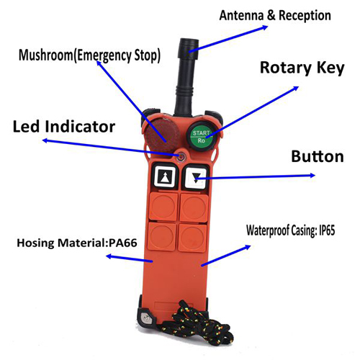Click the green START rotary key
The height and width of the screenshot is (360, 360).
pyautogui.click(x=202, y=137)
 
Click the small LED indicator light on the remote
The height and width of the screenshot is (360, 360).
pyautogui.click(x=181, y=157)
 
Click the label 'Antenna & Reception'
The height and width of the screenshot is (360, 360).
pyautogui.click(x=275, y=15)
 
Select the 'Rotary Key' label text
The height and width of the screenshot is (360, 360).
pyautogui.click(x=302, y=68)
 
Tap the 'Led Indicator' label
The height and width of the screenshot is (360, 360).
pyautogui.click(x=64, y=127)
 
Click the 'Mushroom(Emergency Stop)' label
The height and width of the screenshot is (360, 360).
pyautogui.click(x=89, y=55)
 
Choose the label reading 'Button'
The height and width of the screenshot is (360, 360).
pyautogui.click(x=318, y=156)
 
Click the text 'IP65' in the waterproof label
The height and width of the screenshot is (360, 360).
pyautogui.click(x=327, y=230)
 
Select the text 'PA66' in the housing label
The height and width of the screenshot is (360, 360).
pyautogui.click(x=123, y=243)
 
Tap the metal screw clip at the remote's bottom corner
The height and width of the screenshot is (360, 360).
pyautogui.click(x=145, y=318)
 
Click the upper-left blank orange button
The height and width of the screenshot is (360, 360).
pyautogui.click(x=163, y=207)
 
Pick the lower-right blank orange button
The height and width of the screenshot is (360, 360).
pyautogui.click(x=192, y=237)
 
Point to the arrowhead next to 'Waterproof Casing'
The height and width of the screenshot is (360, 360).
pyautogui.click(x=247, y=247)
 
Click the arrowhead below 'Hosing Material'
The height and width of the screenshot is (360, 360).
pyautogui.click(x=109, y=256)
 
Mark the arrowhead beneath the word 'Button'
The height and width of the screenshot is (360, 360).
pyautogui.click(x=312, y=175)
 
